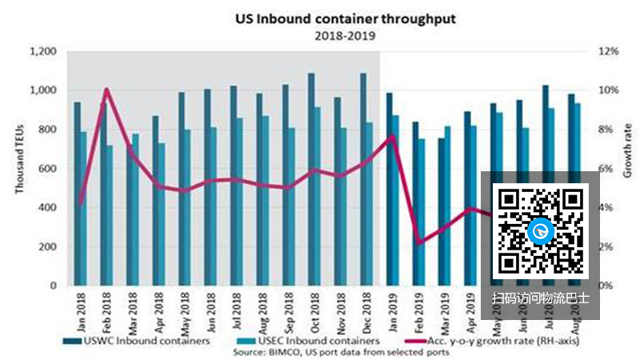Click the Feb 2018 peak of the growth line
[x=107, y=90]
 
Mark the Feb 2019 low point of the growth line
[x=418, y=242]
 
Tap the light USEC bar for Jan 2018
[x=83, y=208]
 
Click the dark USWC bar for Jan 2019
[x=390, y=189]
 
